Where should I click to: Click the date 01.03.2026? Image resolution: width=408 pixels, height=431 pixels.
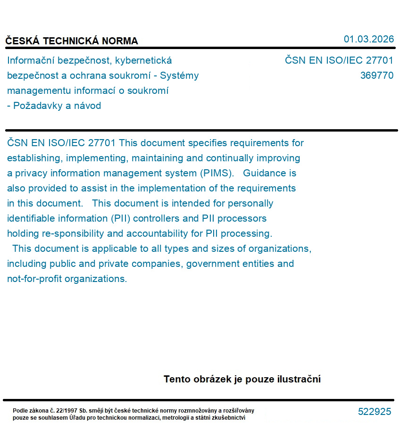(368, 39)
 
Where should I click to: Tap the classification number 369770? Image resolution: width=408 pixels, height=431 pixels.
(376, 75)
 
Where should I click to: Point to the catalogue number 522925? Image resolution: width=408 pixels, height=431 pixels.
(375, 412)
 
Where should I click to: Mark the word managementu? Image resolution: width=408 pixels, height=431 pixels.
(37, 91)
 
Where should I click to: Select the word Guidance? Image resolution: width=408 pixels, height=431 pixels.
(264, 173)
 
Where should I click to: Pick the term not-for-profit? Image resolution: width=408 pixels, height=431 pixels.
(34, 279)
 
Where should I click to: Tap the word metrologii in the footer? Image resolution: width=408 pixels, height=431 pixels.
(178, 417)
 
